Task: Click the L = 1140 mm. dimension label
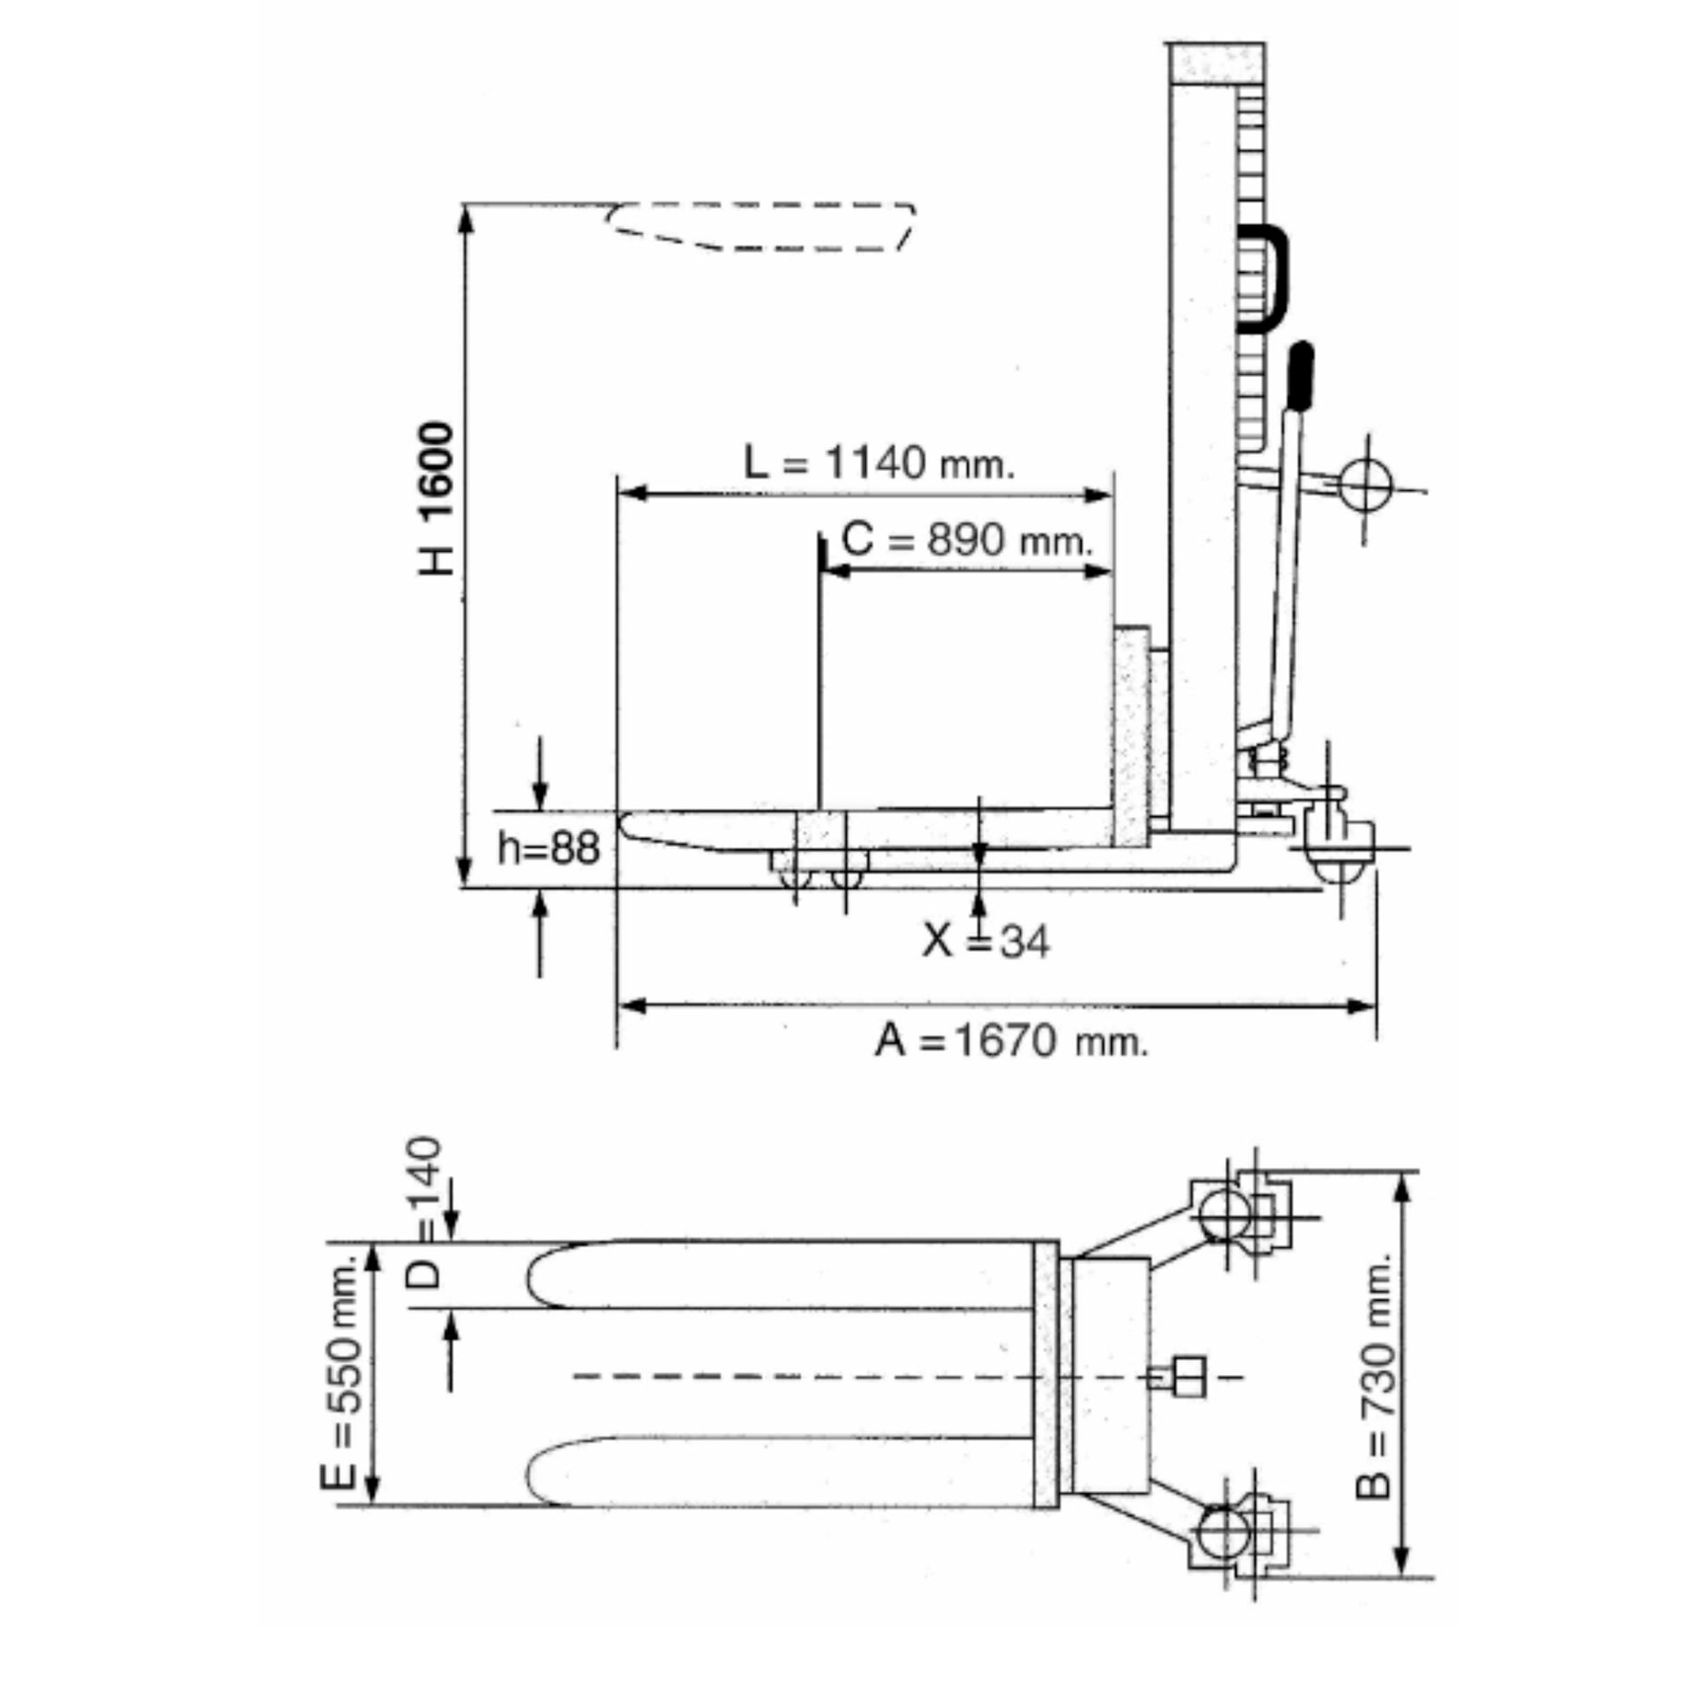pyautogui.click(x=879, y=462)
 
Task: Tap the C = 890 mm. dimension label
pyautogui.click(x=966, y=539)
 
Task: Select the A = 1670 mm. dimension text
pyautogui.click(x=1011, y=1041)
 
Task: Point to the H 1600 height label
pyautogui.click(x=437, y=498)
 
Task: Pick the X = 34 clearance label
pyautogui.click(x=986, y=942)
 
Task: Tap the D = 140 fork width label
pyautogui.click(x=425, y=1212)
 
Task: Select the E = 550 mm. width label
pyautogui.click(x=341, y=1372)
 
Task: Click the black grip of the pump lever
pyautogui.click(x=1300, y=376)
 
